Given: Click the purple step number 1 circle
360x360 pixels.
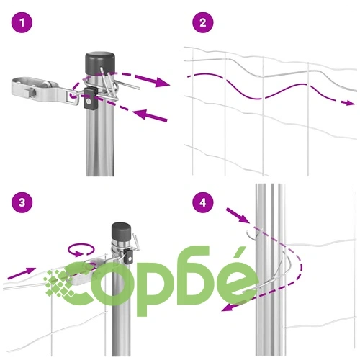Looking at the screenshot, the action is [22, 23].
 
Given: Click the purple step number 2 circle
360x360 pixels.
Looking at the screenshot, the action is [203, 23].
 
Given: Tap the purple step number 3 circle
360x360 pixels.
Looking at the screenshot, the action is [22, 202].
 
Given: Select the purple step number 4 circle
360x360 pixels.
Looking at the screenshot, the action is [203, 202].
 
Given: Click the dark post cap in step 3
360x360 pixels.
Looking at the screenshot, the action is [122, 230].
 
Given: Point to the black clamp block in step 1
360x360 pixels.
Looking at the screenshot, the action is [90, 98].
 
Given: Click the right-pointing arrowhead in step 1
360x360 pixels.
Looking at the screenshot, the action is [161, 82].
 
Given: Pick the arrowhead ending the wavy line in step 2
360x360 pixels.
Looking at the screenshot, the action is [348, 103].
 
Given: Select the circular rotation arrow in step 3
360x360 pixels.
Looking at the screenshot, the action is [81, 250].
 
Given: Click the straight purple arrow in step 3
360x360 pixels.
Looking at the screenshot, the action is [22, 274].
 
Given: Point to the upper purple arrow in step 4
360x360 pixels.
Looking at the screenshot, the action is [238, 215].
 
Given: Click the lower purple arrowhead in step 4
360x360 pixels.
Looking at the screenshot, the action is [227, 307].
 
